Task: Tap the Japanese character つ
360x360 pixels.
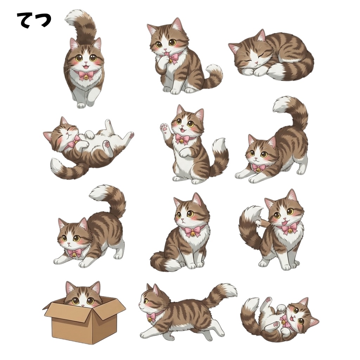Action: pos(43,20)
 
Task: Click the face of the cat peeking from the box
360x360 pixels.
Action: pos(83,297)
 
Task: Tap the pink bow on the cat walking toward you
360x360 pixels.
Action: pos(86,75)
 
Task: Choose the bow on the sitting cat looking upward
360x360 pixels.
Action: pos(192,231)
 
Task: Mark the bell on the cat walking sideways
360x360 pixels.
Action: pos(150,318)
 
